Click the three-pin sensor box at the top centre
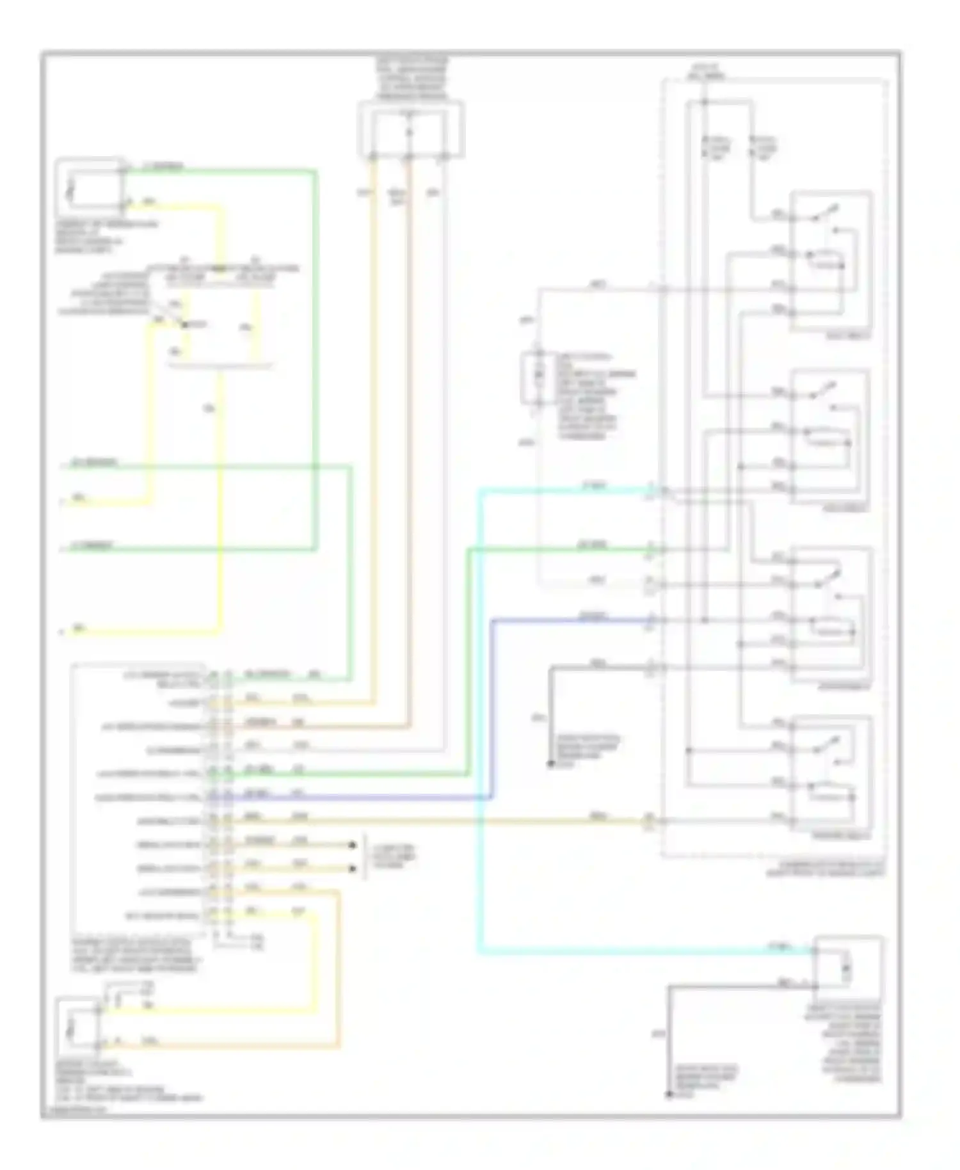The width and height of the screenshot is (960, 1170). [410, 131]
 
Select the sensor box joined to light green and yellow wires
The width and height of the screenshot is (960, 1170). [90, 188]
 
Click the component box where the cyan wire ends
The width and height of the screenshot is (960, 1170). [848, 967]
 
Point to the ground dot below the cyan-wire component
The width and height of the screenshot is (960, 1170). [669, 1095]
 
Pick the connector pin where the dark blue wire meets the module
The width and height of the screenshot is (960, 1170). [218, 797]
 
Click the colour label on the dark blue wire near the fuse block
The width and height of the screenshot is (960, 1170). [593, 616]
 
